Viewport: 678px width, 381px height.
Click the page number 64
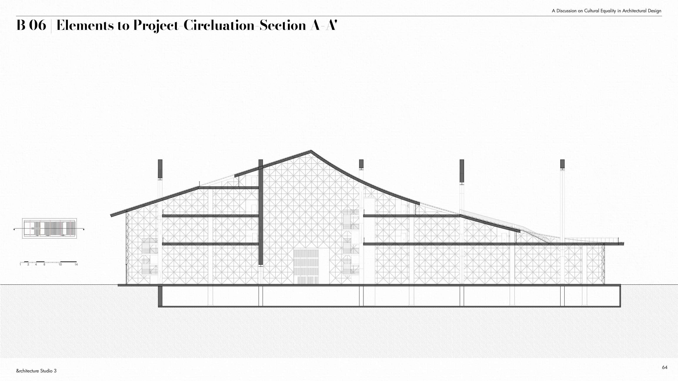click(665, 367)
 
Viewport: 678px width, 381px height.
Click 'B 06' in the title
click(31, 25)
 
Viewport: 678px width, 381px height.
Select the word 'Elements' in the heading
click(85, 25)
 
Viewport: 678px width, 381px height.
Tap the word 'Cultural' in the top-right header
click(592, 11)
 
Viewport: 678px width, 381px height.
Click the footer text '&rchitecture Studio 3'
click(36, 371)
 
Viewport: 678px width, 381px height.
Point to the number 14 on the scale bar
click(76, 265)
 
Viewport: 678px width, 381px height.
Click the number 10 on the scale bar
click(60, 265)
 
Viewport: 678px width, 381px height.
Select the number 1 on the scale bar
click(20, 265)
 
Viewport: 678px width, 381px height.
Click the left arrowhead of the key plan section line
click(14, 230)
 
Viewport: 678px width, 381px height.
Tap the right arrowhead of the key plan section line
click(84, 230)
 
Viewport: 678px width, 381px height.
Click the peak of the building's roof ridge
click(311, 151)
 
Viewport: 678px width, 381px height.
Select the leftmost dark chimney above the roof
click(160, 169)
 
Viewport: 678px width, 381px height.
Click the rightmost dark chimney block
click(562, 164)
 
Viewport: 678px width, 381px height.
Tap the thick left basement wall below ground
click(160, 296)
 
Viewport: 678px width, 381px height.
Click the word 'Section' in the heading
click(282, 25)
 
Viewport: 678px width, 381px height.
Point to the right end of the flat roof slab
click(623, 244)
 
